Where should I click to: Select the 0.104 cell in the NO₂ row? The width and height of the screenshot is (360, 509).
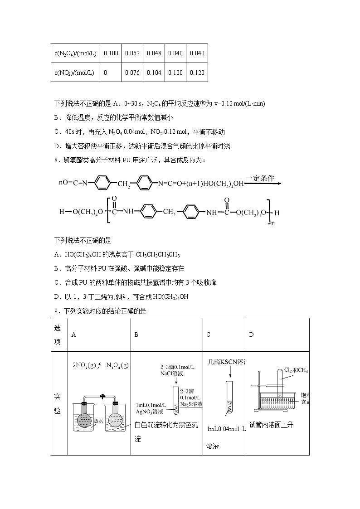[x=154, y=73]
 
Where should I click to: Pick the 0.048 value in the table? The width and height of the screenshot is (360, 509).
[x=154, y=53]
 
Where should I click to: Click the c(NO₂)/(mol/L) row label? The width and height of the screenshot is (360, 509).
[x=74, y=73]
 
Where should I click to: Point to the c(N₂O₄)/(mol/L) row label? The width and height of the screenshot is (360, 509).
[x=75, y=53]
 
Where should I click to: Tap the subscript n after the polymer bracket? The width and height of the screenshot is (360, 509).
[x=273, y=223]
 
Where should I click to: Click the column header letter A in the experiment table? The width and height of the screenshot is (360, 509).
[x=73, y=334]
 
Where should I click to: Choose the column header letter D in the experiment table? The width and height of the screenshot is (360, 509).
[x=251, y=334]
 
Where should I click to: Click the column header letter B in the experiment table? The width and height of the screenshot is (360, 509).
[x=136, y=334]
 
